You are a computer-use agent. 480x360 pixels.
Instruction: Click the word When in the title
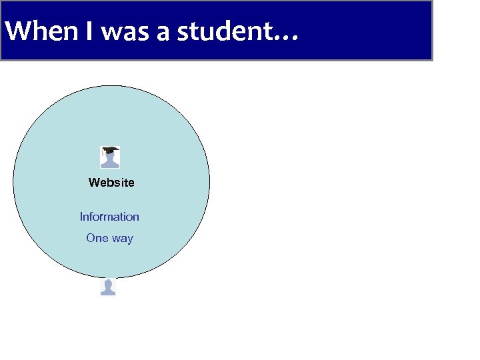[42, 31]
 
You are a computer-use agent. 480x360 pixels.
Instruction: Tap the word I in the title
[89, 31]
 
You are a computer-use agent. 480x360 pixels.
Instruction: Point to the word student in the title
[223, 31]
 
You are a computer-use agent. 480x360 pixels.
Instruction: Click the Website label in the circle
[111, 183]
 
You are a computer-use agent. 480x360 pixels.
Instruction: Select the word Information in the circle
[109, 217]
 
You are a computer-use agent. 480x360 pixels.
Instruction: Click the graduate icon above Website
[110, 157]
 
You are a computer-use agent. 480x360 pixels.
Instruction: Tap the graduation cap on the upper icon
[110, 150]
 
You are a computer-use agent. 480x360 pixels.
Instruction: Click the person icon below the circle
[108, 287]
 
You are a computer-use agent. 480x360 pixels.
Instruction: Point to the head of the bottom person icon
[108, 284]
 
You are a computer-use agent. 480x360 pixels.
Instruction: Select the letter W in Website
[93, 183]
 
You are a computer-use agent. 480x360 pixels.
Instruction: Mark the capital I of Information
[81, 217]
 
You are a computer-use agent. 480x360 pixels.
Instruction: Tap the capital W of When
[16, 31]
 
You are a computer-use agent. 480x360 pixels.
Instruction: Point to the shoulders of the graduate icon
[110, 163]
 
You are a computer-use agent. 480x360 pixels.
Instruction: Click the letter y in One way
[129, 239]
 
